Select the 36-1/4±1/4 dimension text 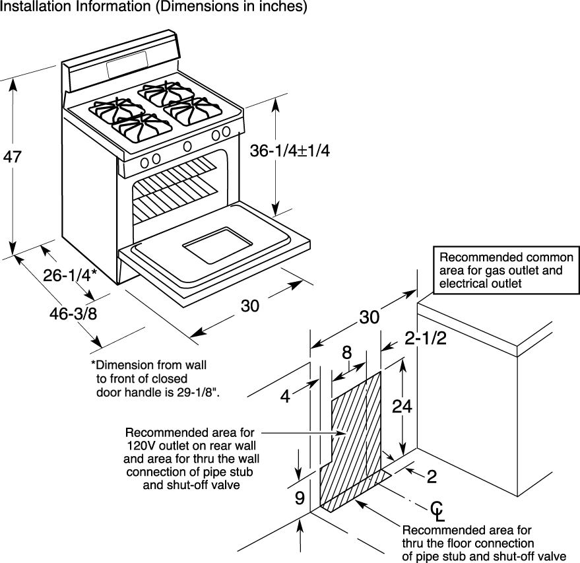[x=289, y=150]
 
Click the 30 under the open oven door [x=249, y=306]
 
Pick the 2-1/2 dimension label [x=426, y=339]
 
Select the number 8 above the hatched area [x=347, y=353]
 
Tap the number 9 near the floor [x=300, y=498]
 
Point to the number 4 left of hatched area [x=284, y=397]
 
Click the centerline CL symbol [x=436, y=510]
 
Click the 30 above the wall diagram [x=370, y=317]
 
